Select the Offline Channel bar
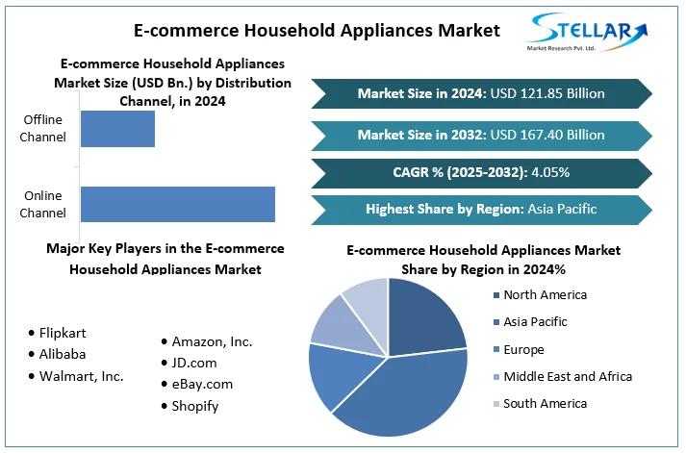117,129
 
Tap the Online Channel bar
178,204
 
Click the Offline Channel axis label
43,129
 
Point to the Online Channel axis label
43,204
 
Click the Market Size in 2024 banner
481,93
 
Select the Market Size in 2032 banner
481,135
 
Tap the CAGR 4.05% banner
481,172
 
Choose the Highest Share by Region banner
481,209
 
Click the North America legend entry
544,295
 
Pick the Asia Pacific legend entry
535,322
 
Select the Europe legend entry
523,349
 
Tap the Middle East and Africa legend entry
567,376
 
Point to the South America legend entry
545,403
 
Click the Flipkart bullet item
63,333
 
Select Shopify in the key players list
195,406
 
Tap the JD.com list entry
194,363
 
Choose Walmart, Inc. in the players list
82,376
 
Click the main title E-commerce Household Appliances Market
317,31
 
